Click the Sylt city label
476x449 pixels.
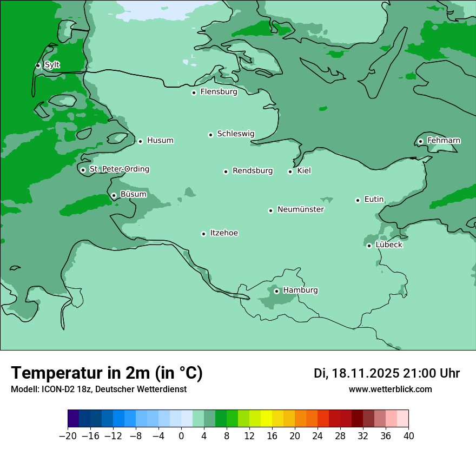click(52, 65)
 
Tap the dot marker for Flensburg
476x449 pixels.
click(194, 93)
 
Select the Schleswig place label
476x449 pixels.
click(235, 134)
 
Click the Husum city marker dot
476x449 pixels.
click(140, 141)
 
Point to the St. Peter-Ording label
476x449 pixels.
click(119, 169)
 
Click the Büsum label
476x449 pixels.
click(133, 194)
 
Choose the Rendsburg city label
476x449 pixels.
click(252, 171)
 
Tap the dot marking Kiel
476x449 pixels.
click(290, 171)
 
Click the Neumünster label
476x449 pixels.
click(300, 209)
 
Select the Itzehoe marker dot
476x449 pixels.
click(203, 234)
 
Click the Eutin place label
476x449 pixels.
click(374, 200)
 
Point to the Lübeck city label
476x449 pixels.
click(388, 245)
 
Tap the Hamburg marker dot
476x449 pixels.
click(276, 291)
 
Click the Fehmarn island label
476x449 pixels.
click(444, 141)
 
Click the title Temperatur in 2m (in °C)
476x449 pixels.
click(107, 373)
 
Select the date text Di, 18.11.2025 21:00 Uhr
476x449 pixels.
click(387, 373)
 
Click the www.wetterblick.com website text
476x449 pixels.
click(390, 389)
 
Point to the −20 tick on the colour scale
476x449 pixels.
click(68, 436)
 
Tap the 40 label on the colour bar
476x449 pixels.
click(408, 436)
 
